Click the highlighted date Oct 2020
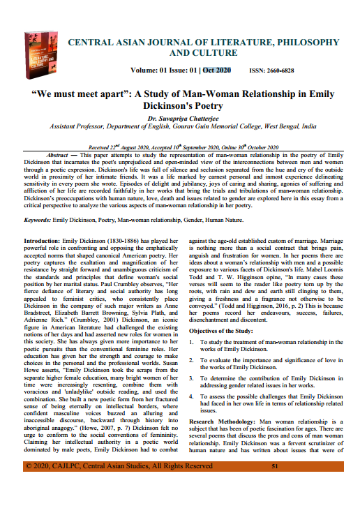click(x=217, y=70)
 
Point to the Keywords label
click(x=41, y=219)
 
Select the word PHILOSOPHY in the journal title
click(x=302, y=42)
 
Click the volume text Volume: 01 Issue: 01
click(x=164, y=70)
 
